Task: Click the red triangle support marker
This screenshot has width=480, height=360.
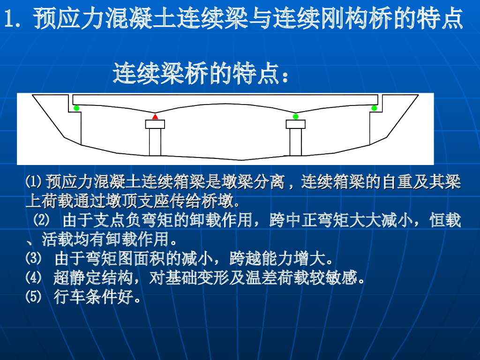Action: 155,117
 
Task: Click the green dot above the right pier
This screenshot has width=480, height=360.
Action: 295,117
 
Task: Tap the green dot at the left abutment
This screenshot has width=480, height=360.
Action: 76,108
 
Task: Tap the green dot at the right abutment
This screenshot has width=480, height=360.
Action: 374,108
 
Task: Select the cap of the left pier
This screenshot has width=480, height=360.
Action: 155,124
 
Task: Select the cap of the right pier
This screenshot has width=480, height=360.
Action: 295,124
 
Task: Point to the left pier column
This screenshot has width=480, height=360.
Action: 155,142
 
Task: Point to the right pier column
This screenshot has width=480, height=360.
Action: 295,142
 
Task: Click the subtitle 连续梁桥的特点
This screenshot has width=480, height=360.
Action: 196,74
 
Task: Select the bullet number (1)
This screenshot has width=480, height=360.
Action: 33,181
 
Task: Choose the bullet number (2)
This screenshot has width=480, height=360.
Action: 41,220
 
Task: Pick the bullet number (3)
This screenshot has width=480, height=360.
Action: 33,258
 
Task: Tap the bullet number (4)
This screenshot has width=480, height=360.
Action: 33,277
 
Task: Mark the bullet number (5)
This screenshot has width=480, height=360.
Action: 33,296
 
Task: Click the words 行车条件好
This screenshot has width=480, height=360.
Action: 94,297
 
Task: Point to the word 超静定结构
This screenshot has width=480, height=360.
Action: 93,277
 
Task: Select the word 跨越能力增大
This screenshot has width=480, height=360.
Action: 277,258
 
